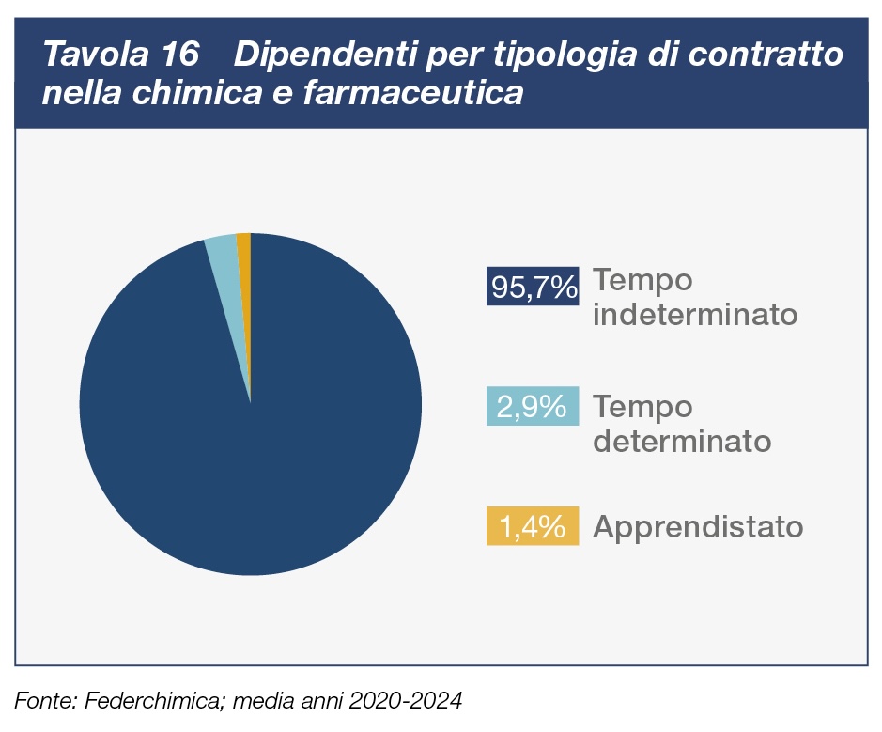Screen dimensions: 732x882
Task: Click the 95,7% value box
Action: pos(532,286)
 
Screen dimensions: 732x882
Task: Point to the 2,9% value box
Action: pos(532,406)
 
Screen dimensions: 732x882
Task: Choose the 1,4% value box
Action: pos(532,526)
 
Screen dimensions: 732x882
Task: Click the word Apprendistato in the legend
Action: pos(698,527)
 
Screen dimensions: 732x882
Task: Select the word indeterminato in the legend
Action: pos(695,314)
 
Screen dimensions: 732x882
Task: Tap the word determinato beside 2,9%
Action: pos(682,440)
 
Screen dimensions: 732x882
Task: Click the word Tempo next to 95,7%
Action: pos(643,281)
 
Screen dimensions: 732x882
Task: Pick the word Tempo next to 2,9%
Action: pos(643,407)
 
